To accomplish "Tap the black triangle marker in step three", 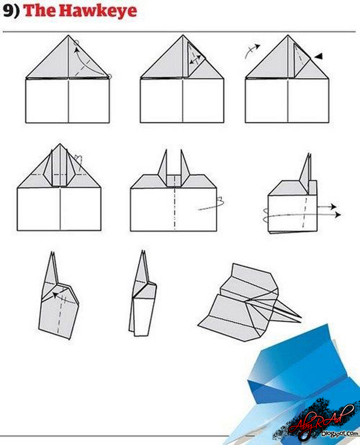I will click(319, 56).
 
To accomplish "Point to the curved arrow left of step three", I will click(252, 50).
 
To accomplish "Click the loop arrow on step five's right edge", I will click(217, 204).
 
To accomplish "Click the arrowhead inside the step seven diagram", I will click(54, 294).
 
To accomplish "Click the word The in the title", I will click(38, 11).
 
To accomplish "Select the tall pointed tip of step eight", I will click(143, 252).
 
